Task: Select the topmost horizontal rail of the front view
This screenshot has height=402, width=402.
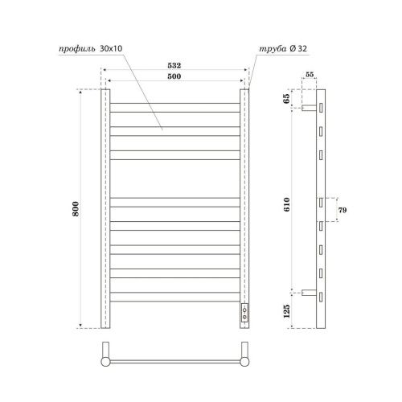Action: [x=174, y=105]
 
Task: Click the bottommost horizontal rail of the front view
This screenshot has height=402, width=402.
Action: [x=174, y=298]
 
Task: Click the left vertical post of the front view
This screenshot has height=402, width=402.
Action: [x=104, y=209]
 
